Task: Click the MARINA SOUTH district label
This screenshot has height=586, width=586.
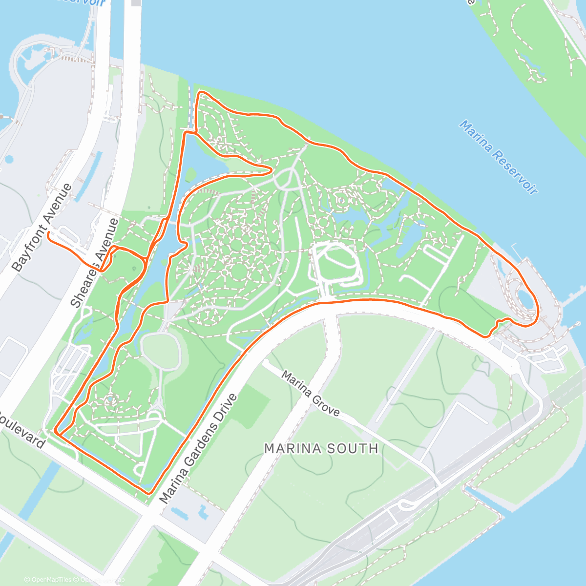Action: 321,448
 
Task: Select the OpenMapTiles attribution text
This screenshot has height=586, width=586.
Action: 48,580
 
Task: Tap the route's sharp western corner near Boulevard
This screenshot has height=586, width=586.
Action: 56,432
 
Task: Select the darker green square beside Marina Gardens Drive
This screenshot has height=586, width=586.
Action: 252,403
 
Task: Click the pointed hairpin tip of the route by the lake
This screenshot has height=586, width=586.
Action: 270,169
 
